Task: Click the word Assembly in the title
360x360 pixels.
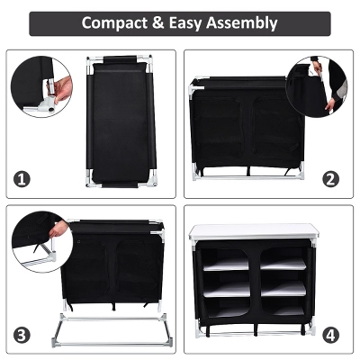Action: coord(241,22)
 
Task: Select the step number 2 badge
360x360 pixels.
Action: coord(331,178)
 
